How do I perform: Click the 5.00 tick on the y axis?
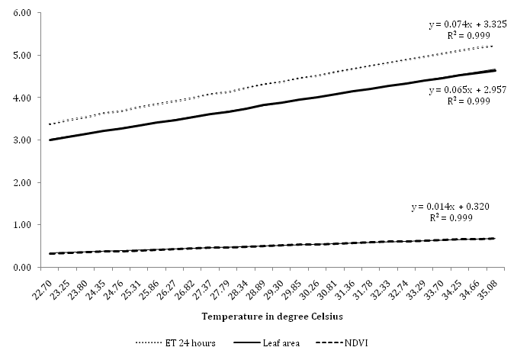pos(18,56)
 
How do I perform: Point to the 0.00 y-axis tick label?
pos(18,268)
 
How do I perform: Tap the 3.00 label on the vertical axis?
pos(18,140)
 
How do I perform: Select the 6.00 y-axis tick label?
pos(18,14)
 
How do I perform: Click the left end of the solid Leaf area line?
pos(50,140)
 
